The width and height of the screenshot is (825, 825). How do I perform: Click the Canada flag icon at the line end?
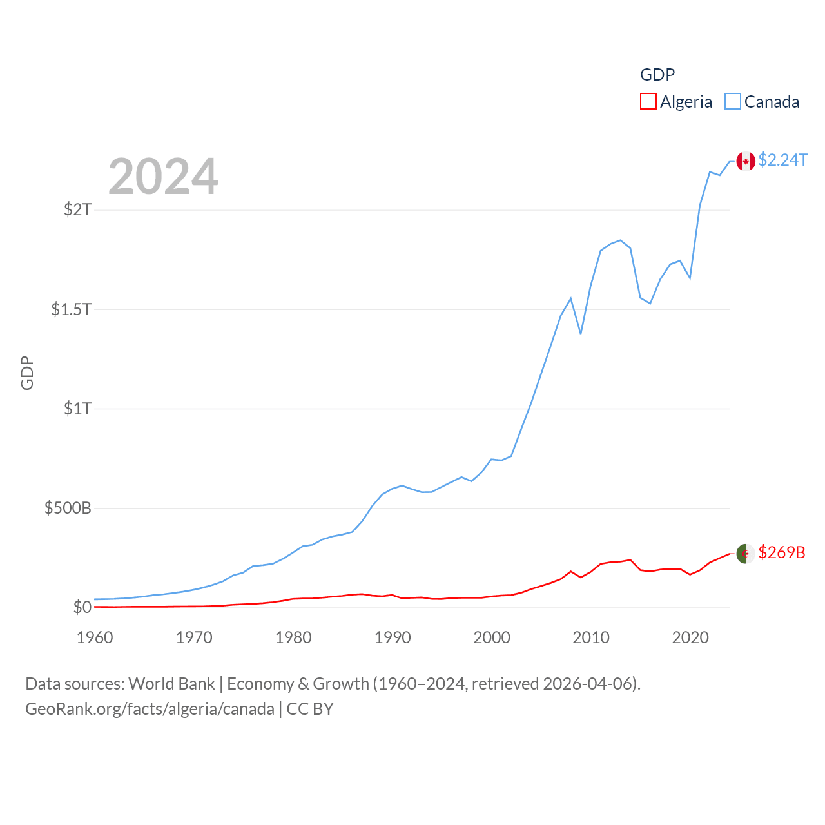pos(746,161)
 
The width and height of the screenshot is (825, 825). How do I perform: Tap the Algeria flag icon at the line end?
pos(746,553)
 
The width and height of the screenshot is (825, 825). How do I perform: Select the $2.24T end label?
pos(782,160)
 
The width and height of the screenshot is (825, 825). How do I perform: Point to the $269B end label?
pos(781,552)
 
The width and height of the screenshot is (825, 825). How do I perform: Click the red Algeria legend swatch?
pos(648,101)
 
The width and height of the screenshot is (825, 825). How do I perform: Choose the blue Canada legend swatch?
pos(733,101)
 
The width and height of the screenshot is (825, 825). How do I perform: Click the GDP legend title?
pos(657,75)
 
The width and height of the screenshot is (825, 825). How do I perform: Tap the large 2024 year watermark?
pos(163,177)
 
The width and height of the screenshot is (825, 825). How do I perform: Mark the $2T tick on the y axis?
pos(78,209)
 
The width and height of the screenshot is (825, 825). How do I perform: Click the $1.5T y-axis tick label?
pos(72,309)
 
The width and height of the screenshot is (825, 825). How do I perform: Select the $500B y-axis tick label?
pos(68,508)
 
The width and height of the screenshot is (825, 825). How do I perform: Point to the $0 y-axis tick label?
pos(82,607)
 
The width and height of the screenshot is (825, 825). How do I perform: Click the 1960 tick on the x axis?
pos(95,637)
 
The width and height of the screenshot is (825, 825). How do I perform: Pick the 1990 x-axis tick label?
pos(393,637)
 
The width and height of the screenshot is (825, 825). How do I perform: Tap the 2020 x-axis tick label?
pos(690,637)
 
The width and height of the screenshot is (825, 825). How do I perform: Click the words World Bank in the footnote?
pos(171,683)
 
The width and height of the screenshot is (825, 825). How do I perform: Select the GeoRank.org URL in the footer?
pos(150,709)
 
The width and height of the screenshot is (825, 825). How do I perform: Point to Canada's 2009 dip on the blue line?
pos(581,333)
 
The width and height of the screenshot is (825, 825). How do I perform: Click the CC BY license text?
pos(310,709)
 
